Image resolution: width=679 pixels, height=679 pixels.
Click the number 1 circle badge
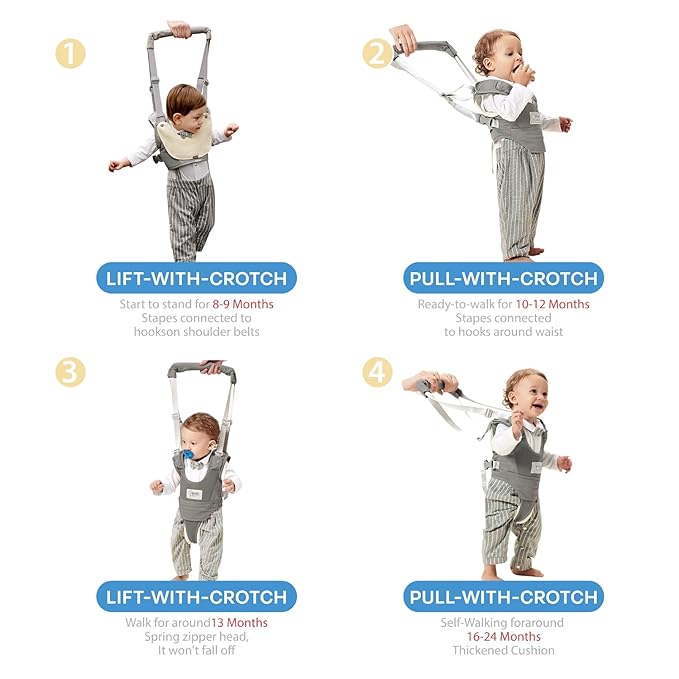pyautogui.click(x=70, y=53)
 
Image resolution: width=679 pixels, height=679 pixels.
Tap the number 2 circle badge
pyautogui.click(x=377, y=53)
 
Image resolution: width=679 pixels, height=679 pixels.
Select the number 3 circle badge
pyautogui.click(x=70, y=372)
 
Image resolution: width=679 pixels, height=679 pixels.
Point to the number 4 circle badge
pyautogui.click(x=377, y=372)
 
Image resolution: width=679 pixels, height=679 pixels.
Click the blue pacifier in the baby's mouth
pyautogui.click(x=188, y=455)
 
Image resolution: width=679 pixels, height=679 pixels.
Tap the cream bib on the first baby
pyautogui.click(x=185, y=138)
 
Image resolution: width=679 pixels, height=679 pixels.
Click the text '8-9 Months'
pyautogui.click(x=242, y=304)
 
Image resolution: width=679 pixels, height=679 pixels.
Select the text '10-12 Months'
pyautogui.click(x=552, y=304)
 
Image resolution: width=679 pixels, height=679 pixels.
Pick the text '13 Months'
pyautogui.click(x=239, y=623)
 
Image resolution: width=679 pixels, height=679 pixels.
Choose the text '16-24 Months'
pyautogui.click(x=504, y=637)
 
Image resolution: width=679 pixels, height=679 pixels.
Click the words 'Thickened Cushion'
pyautogui.click(x=504, y=650)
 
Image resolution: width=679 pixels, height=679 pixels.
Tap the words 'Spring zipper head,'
pyautogui.click(x=197, y=637)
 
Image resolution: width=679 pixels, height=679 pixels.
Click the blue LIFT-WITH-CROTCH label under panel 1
pyautogui.click(x=197, y=278)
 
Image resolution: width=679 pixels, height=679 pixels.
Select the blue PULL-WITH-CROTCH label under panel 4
pyautogui.click(x=504, y=597)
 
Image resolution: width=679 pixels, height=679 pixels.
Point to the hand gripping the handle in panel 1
pyautogui.click(x=179, y=29)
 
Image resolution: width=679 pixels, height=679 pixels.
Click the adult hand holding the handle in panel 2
pyautogui.click(x=403, y=39)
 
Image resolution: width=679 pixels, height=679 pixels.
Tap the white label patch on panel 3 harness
pyautogui.click(x=194, y=494)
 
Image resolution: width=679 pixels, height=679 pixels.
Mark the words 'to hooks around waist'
pyautogui.click(x=504, y=332)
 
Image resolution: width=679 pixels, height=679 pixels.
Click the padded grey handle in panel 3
pyautogui.click(x=202, y=370)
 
